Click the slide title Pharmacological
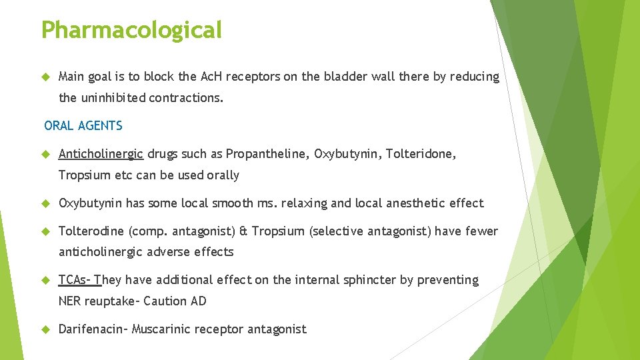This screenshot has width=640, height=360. [x=131, y=30]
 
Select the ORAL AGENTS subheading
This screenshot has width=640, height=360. [x=83, y=125]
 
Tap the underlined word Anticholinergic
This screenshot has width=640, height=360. [x=101, y=154]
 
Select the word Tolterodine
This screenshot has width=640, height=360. [x=91, y=231]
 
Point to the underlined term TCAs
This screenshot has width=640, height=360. [x=73, y=280]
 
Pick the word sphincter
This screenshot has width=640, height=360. [x=369, y=280]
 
